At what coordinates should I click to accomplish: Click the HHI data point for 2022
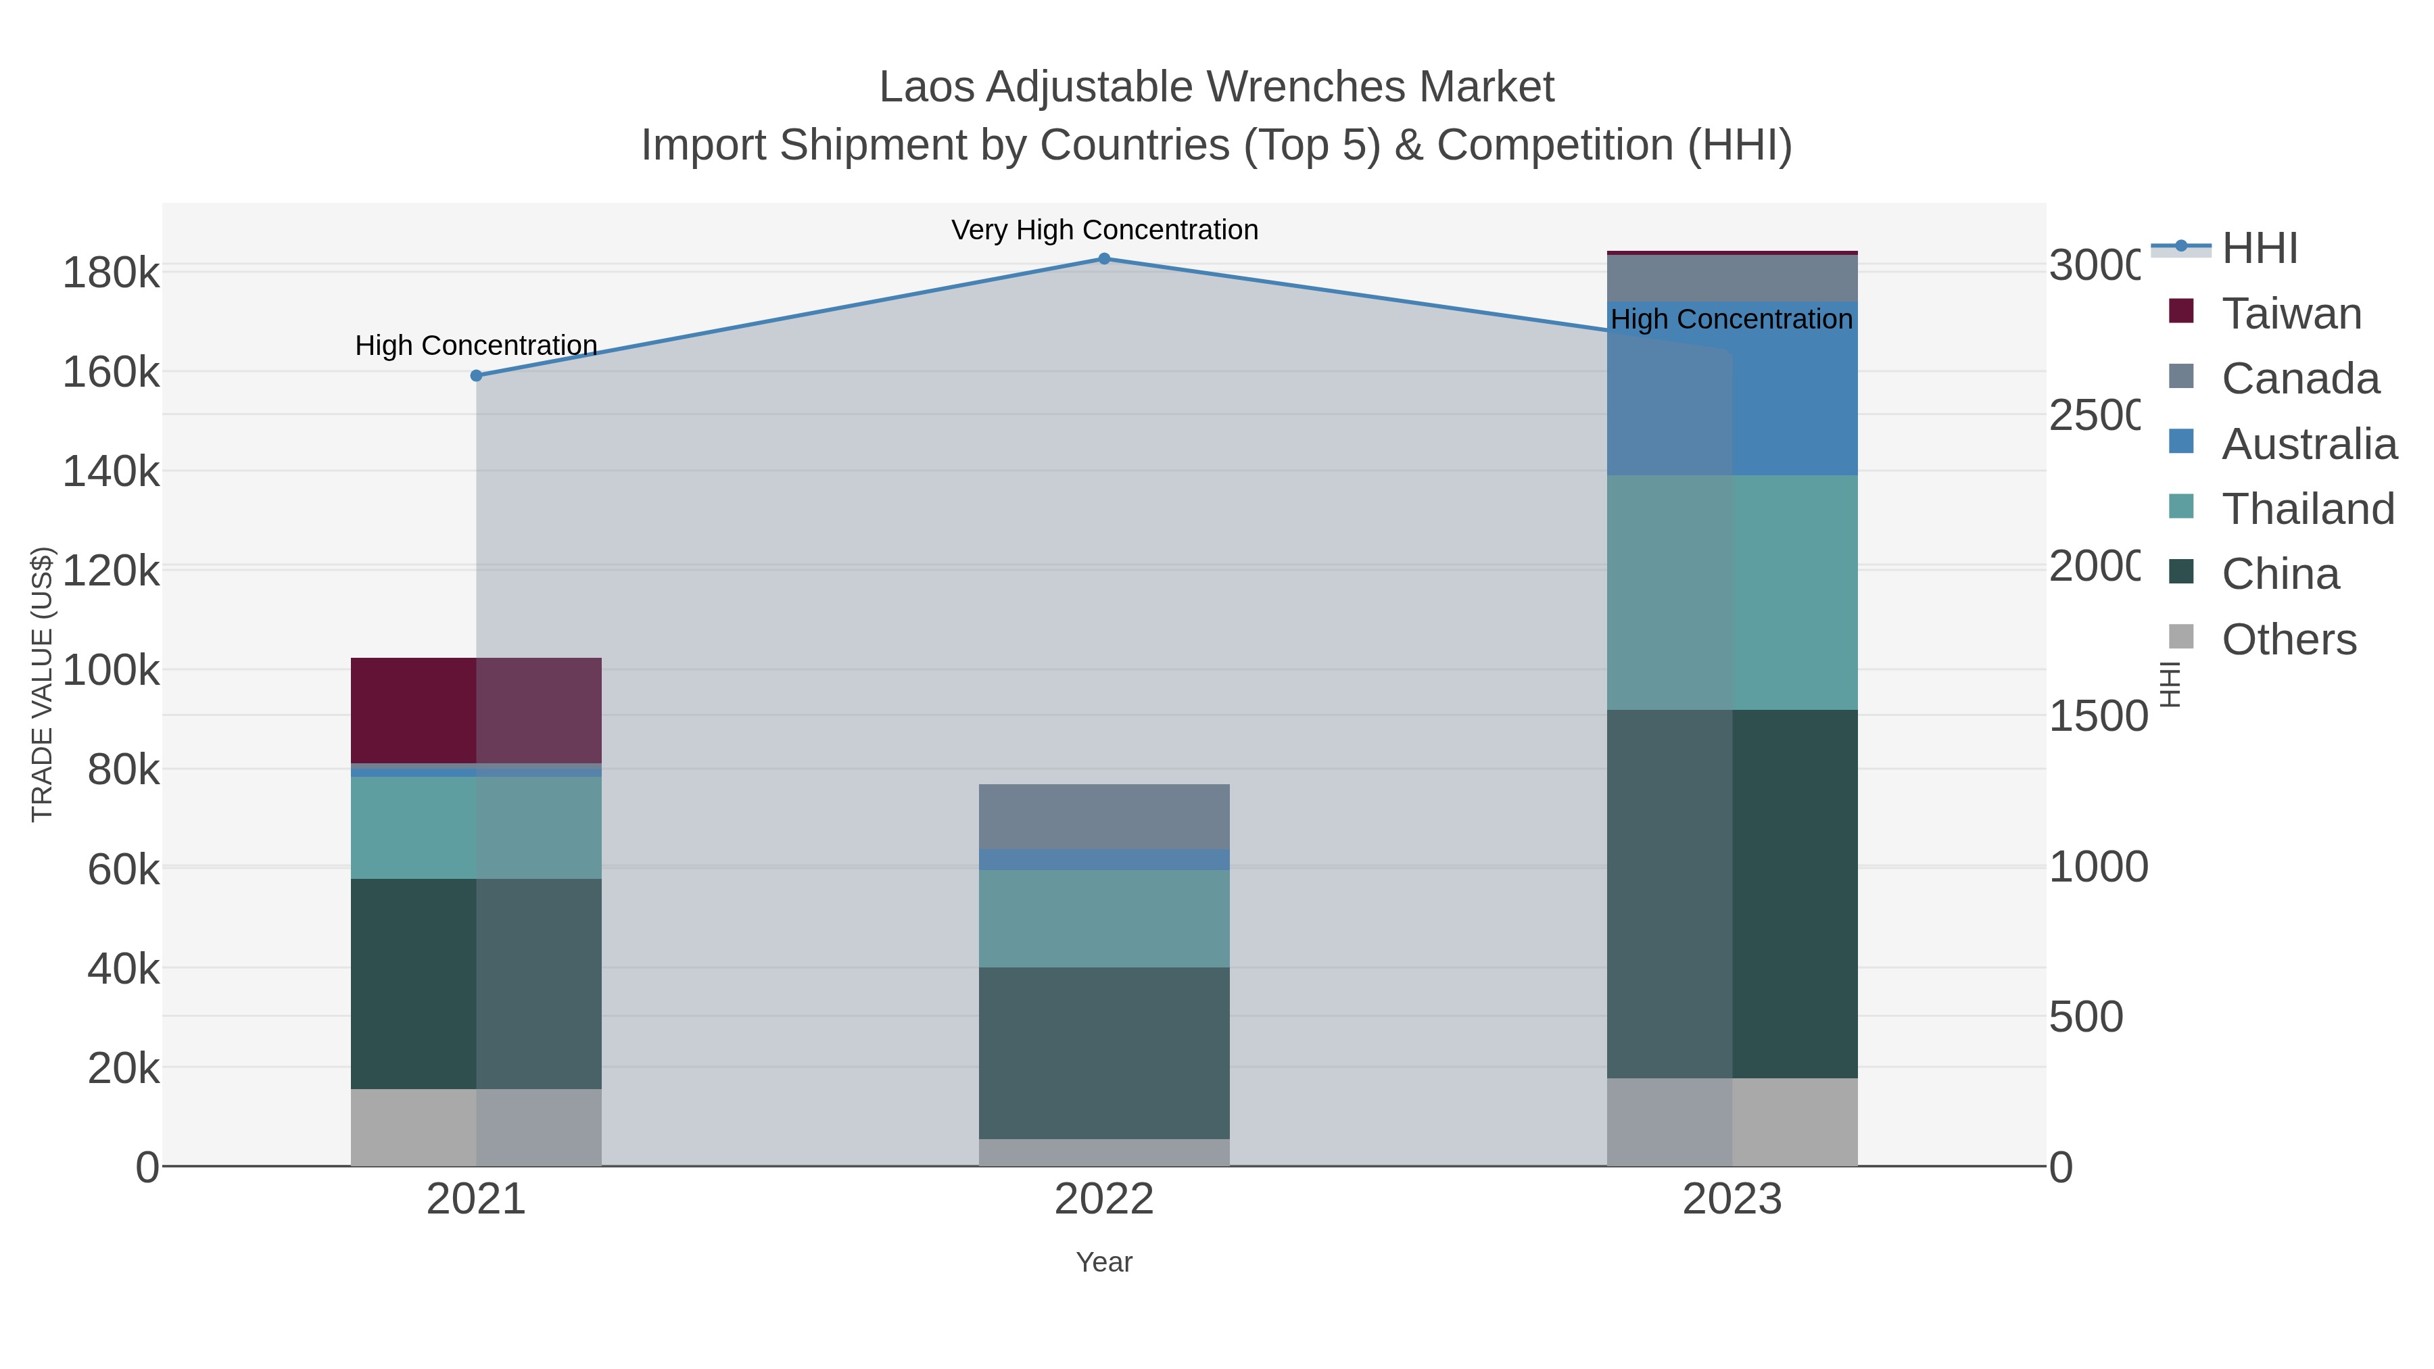(x=1103, y=259)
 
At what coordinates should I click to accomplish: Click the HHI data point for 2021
(x=476, y=376)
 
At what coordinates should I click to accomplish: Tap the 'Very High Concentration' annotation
(x=1103, y=231)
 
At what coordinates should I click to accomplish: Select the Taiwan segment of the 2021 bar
(x=476, y=710)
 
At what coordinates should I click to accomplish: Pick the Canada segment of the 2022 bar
(x=1103, y=816)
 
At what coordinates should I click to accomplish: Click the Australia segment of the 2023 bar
(x=1732, y=388)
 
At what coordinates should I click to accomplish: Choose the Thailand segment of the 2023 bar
(x=1732, y=592)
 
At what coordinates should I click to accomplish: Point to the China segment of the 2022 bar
(x=1103, y=1053)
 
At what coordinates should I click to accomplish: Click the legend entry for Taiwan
(x=2291, y=314)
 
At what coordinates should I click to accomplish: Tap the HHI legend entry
(x=2259, y=249)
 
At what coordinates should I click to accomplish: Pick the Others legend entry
(x=2287, y=640)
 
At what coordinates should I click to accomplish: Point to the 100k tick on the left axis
(x=112, y=671)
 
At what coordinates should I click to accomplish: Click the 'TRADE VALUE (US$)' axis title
(x=43, y=684)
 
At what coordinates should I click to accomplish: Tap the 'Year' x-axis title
(x=1103, y=1262)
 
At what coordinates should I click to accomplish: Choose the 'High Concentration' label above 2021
(x=476, y=345)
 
